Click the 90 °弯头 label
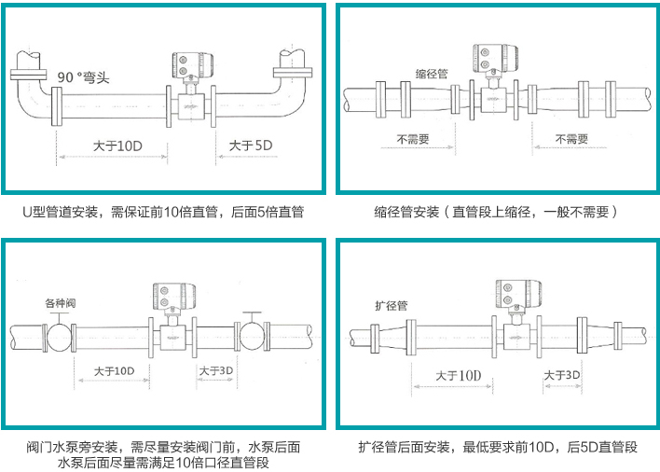point(83,78)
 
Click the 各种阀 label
point(62,303)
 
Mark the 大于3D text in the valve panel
point(216,370)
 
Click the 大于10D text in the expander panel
point(459,375)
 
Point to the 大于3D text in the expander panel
point(563,375)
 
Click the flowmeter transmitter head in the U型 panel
point(188,65)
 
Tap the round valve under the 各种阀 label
point(59,335)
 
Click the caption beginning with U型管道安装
point(163,212)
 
